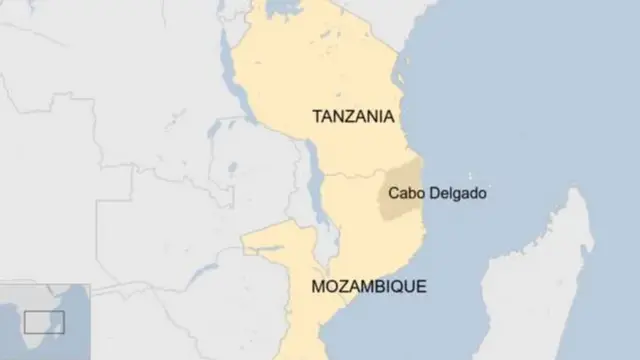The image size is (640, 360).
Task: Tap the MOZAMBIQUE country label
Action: point(368,287)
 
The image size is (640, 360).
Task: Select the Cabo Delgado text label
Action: point(438,194)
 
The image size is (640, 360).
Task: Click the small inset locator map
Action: point(45,321)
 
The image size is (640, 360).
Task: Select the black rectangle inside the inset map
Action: point(44,322)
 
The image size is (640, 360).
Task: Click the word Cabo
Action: point(406,194)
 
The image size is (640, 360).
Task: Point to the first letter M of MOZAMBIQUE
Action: point(319,287)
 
